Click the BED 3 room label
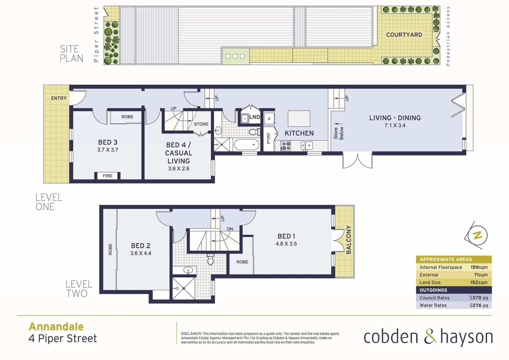108,142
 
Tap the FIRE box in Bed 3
107,176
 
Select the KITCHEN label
299,133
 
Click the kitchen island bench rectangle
299,118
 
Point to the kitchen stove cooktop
286,146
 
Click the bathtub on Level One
247,145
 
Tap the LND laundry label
254,117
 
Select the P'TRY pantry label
269,138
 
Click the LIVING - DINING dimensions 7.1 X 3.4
395,126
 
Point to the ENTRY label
59,98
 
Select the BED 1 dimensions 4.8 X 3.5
286,244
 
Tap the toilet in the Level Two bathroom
210,259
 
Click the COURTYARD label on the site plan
404,35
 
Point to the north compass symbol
477,235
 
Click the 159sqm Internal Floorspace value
479,267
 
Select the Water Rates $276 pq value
478,305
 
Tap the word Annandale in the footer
56,326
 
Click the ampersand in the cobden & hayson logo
430,337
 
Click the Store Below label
338,133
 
